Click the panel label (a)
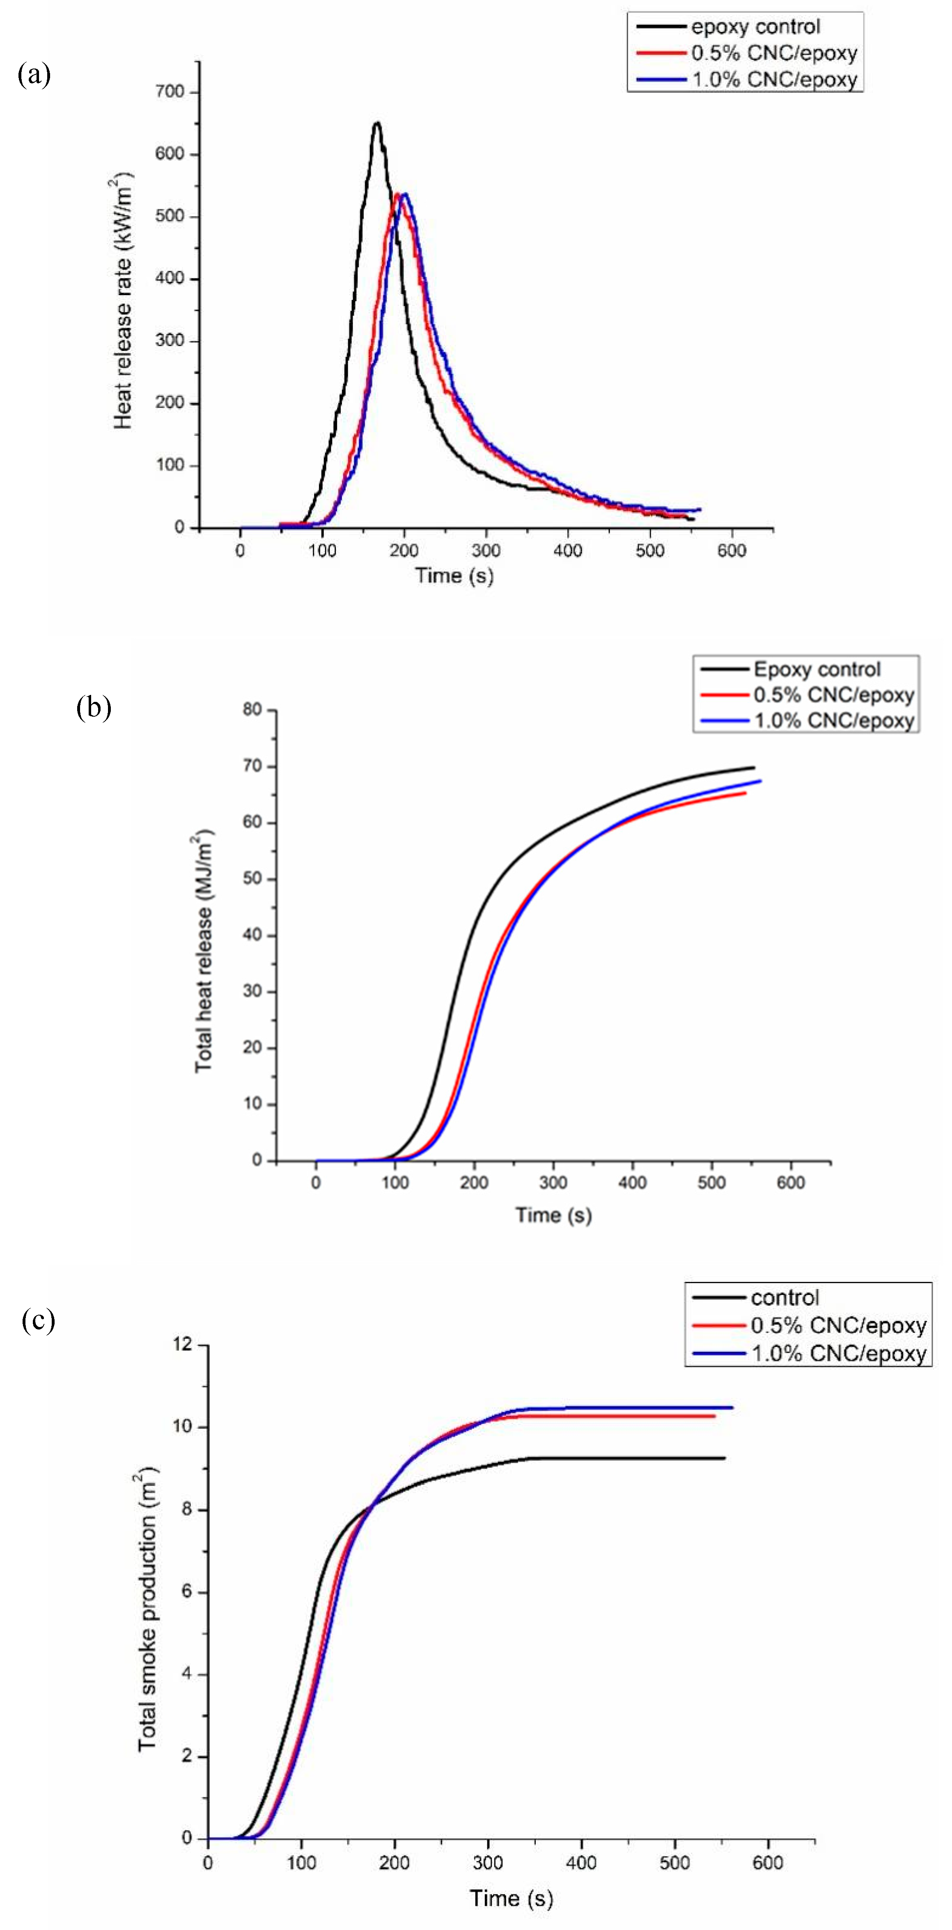pos(34,75)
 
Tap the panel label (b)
pos(94,707)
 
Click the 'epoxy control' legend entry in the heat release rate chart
pos(755,27)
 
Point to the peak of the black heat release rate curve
pos(377,123)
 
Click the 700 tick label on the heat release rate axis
pos(170,92)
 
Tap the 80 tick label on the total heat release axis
pos(252,710)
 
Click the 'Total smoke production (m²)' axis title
pos(147,1596)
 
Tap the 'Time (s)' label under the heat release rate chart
pos(454,575)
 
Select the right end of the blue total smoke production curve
pos(732,1407)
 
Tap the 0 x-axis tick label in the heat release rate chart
pos(240,551)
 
